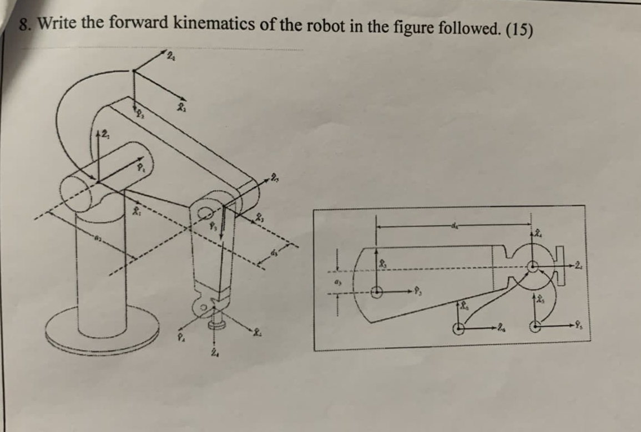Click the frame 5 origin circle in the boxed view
(x=535, y=327)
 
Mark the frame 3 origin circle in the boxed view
(x=377, y=291)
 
